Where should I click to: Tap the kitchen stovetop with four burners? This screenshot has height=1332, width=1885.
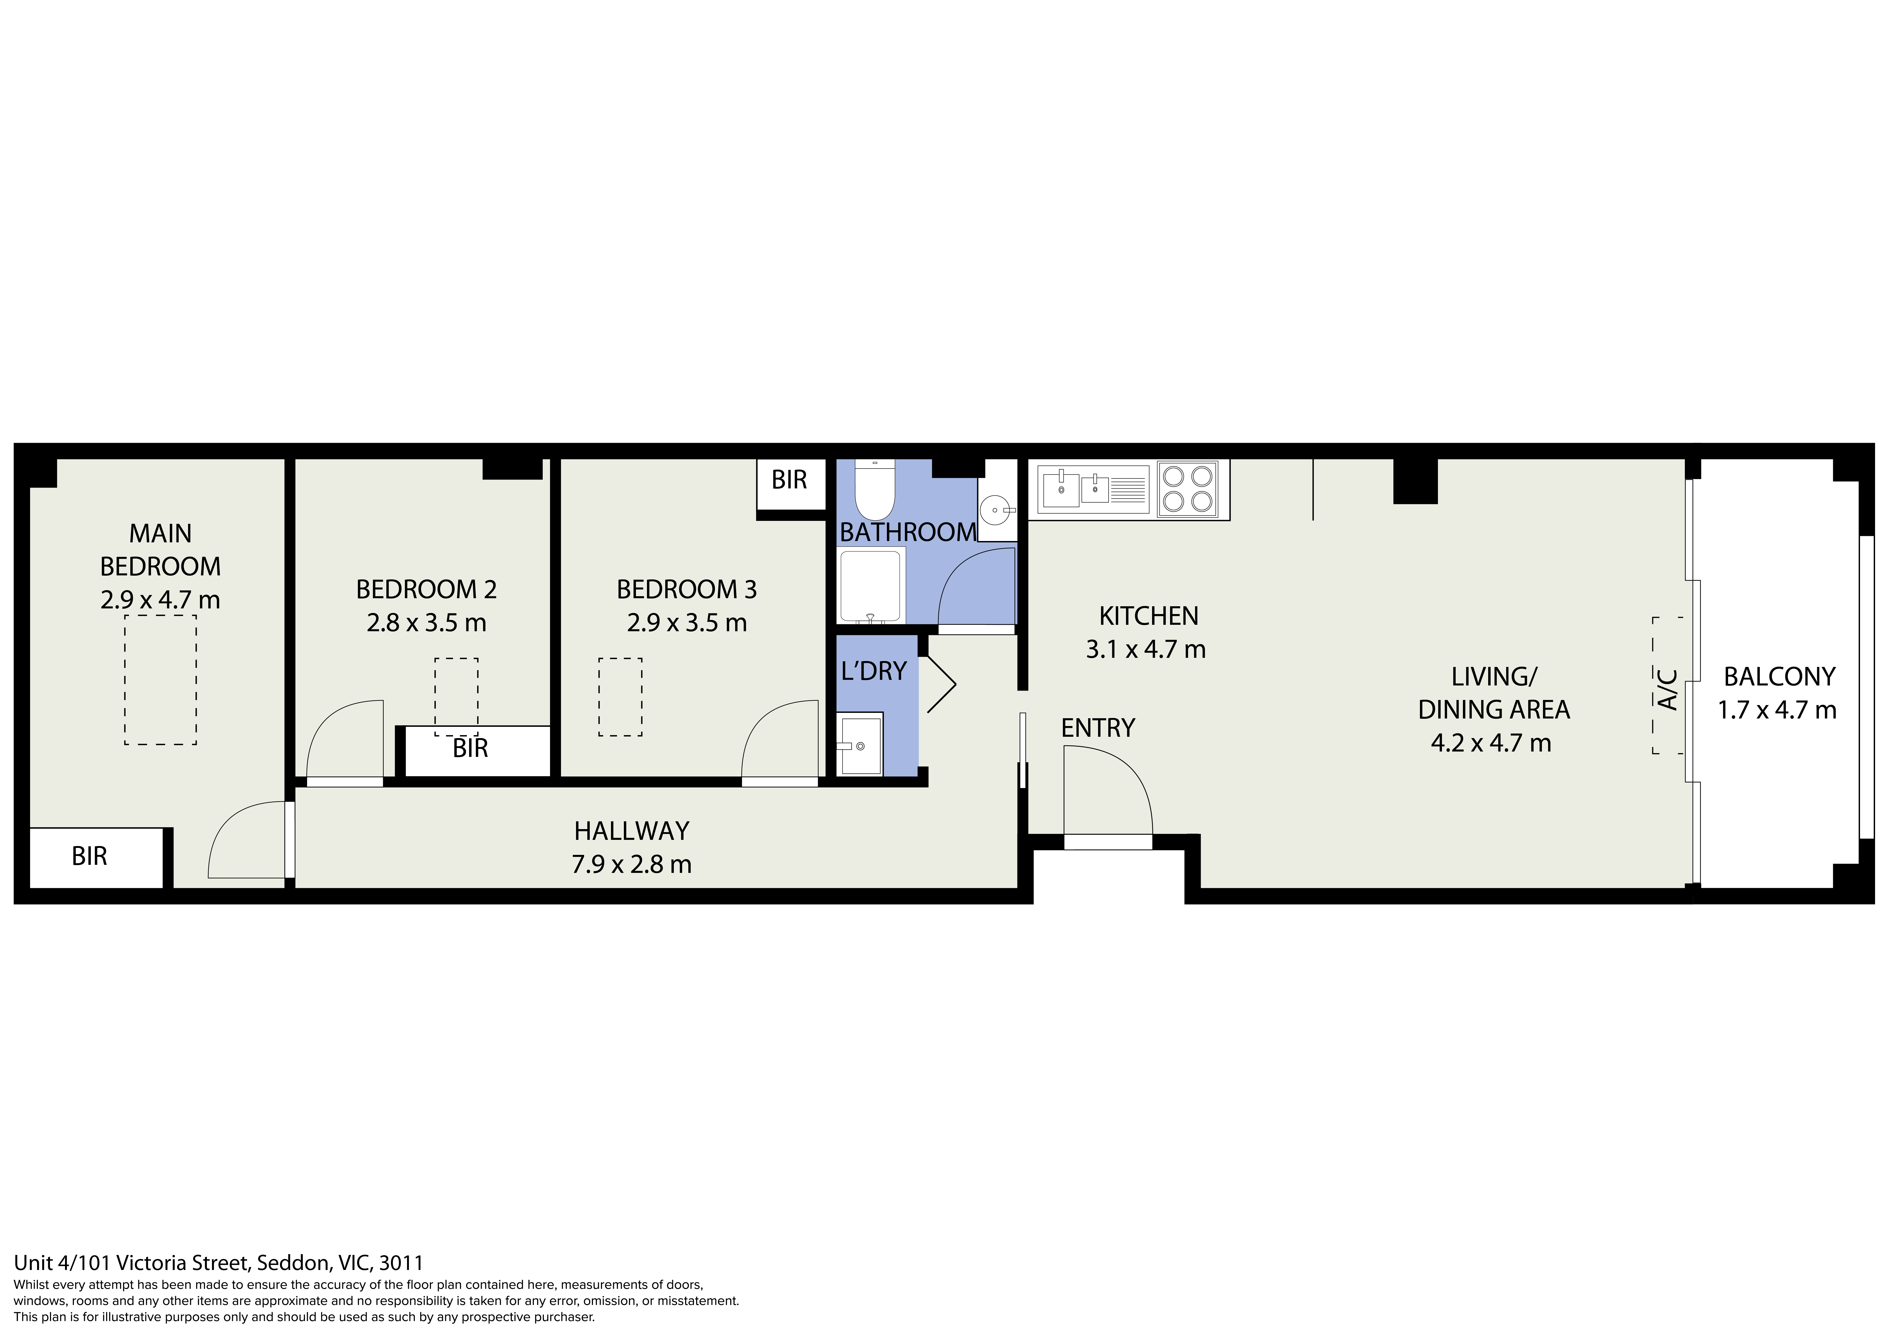1188,489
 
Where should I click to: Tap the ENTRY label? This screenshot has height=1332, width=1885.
1098,728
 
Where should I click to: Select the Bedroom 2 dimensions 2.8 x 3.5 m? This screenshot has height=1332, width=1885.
426,623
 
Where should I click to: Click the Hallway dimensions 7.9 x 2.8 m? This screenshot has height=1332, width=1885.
631,864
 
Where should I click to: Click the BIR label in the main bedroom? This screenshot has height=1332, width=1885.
89,856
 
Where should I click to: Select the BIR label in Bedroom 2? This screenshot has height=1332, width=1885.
470,748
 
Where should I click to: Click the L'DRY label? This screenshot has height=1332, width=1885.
873,671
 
